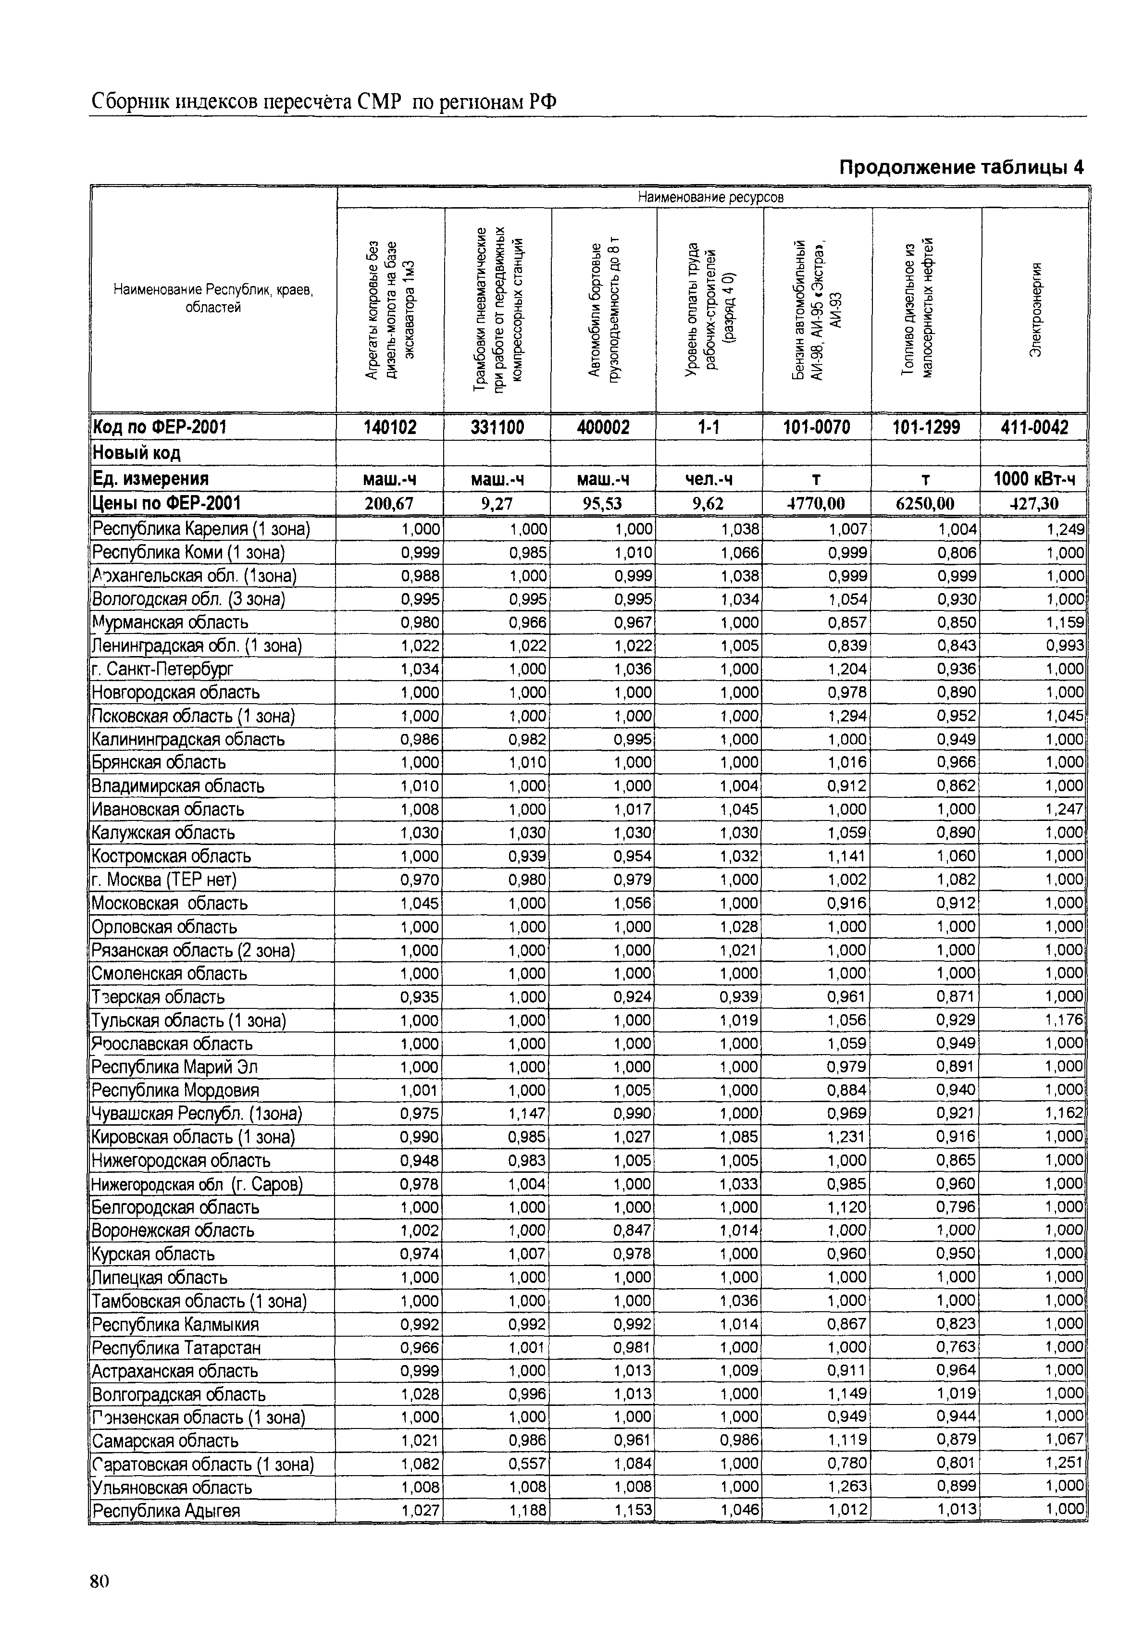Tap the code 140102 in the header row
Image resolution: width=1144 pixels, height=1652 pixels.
tap(390, 428)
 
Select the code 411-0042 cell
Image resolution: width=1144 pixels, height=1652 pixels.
tap(1034, 428)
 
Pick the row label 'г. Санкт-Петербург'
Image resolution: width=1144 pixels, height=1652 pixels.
tap(163, 669)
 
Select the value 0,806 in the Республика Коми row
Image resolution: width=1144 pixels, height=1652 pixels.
tap(957, 553)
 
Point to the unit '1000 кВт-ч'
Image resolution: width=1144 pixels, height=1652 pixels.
tap(1034, 479)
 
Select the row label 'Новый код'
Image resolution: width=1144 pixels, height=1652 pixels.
tap(136, 453)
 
